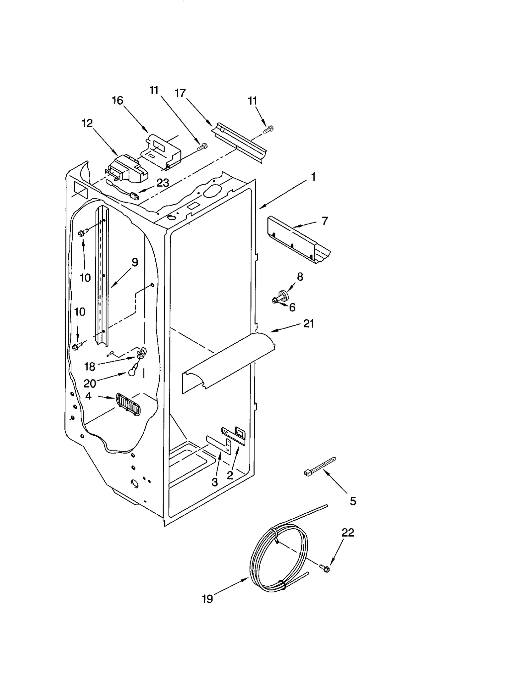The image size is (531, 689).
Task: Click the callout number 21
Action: pos(309,323)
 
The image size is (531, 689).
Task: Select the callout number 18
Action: pos(90,367)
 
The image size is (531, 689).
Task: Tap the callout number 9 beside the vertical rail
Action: pos(135,262)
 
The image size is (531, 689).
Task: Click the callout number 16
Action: pos(117,100)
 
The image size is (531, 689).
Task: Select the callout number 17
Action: pos(180,93)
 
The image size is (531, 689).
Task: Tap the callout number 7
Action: pos(325,220)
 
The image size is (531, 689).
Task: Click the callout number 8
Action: pos(300,277)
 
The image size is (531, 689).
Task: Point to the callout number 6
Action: pos(292,307)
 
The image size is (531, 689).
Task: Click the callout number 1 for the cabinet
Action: pos(313,177)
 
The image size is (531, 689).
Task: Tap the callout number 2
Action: pos(230,475)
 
